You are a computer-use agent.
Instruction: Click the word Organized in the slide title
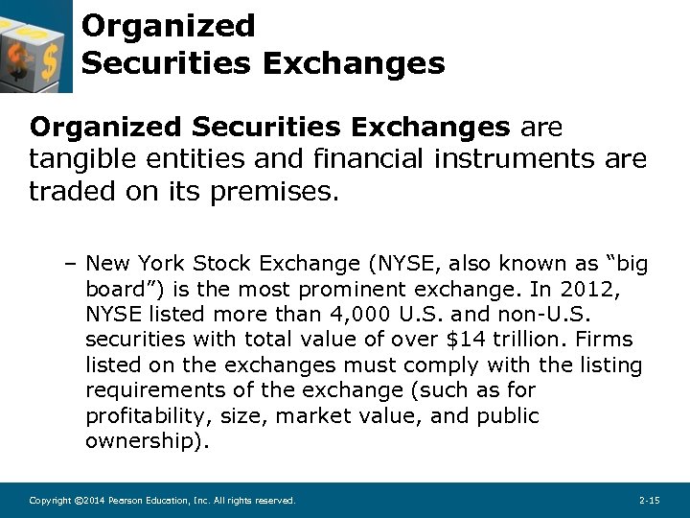coord(169,26)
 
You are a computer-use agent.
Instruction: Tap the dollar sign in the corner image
coord(21,61)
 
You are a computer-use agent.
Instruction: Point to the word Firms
coord(609,340)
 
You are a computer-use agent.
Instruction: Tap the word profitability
coord(148,416)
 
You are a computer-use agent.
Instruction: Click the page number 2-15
coord(649,501)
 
